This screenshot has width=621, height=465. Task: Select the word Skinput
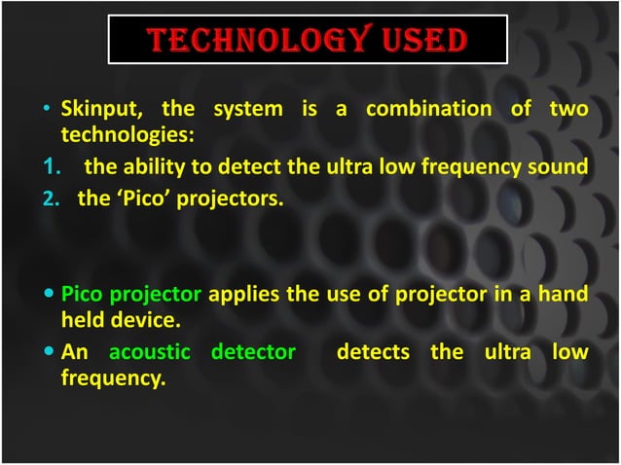[96, 109]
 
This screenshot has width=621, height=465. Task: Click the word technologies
[128, 131]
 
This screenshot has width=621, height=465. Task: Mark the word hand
[566, 293]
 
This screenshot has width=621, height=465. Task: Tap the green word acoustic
[154, 351]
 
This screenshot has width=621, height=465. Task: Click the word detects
[372, 351]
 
